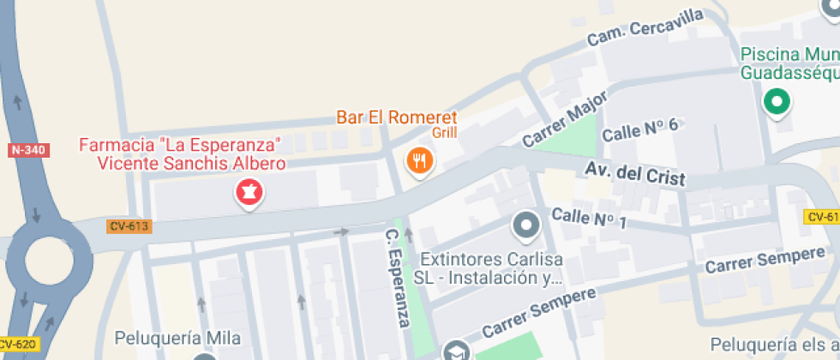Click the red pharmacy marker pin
[249, 191]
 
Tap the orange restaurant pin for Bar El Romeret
[420, 159]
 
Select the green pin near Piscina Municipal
[777, 102]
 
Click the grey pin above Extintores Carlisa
[525, 226]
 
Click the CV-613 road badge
[129, 226]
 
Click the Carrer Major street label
[564, 119]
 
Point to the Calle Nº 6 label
[640, 130]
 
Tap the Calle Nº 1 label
[590, 217]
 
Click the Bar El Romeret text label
[397, 117]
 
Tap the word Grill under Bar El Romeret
[445, 133]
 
